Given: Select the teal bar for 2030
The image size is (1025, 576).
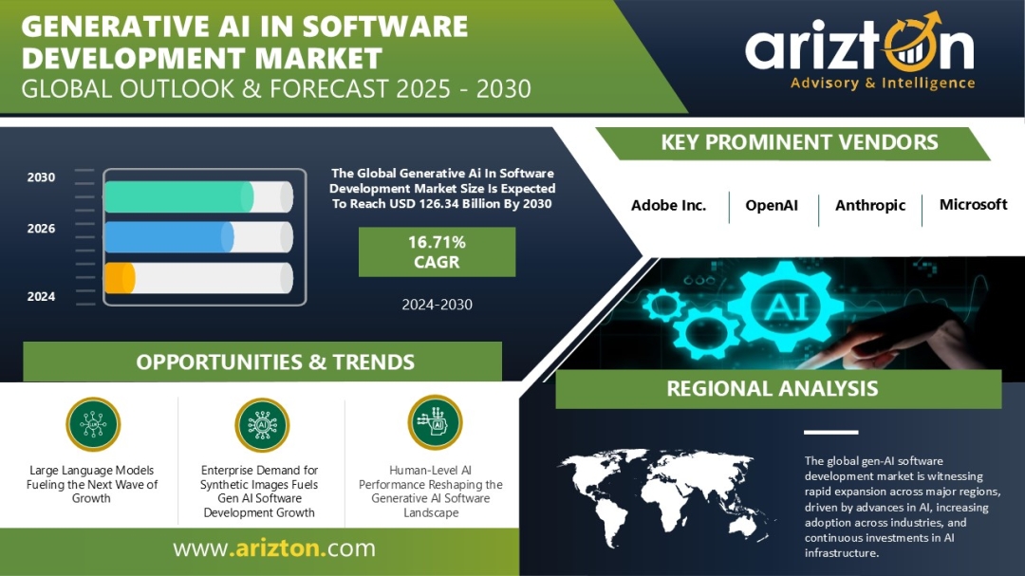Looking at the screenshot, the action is pos(179,196).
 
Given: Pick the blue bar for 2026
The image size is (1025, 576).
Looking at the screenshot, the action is pos(169,236).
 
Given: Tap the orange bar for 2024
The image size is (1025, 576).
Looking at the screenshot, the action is pos(120,278).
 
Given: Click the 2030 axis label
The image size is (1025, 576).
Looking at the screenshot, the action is pos(41,177).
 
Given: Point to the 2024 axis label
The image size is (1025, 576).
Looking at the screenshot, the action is pos(41,297).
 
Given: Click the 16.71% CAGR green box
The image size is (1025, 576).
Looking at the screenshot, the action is pos(437,251).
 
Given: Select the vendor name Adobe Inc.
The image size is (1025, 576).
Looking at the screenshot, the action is pos(668,205).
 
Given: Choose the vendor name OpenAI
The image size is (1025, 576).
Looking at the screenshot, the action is pos(772,205).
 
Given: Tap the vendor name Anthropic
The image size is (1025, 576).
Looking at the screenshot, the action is pos(870,206).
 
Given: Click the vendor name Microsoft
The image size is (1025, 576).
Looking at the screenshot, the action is pos(973,205).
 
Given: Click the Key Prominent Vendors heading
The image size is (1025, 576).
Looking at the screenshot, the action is pos(799,142).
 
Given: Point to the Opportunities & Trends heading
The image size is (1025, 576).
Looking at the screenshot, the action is pos(275,362).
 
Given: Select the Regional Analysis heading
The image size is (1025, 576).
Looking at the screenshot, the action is pos(772,388).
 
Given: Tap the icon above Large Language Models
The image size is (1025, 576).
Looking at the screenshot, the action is pos(93,424).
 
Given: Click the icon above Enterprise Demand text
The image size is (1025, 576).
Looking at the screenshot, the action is pos(262,425).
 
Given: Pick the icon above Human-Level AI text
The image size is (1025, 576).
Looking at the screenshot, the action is pos(435,422).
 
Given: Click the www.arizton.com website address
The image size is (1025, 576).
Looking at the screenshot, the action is pos(274,548).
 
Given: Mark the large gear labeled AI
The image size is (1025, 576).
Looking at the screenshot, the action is pos(785,306).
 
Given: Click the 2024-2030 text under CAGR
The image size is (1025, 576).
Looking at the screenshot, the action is pos(437,304).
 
